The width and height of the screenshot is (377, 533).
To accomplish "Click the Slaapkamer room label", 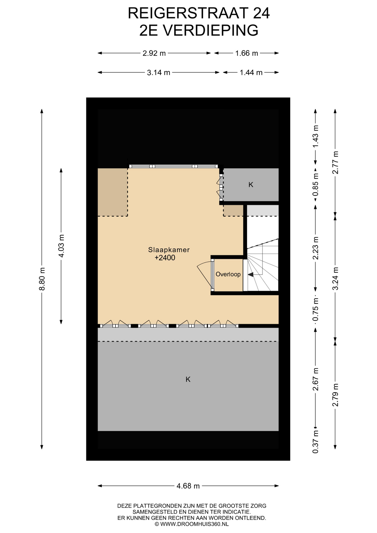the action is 169,250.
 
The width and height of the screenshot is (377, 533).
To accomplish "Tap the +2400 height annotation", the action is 165,258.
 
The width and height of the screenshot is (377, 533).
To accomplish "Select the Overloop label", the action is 228,274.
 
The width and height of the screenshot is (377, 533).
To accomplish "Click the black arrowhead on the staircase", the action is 250,275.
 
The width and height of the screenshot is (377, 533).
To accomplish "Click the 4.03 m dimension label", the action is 61,246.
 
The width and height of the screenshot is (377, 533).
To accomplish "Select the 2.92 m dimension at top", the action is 154,53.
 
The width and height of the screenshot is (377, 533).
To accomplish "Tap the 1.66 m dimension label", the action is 247,53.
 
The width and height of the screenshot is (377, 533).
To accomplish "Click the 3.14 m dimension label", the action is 159,72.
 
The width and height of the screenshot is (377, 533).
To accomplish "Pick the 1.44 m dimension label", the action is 251,72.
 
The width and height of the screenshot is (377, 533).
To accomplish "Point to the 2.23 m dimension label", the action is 316,248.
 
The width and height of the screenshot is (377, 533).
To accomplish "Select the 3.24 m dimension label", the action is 336,278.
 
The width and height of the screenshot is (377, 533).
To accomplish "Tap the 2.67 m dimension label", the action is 316,379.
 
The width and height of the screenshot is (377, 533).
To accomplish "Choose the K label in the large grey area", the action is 188,379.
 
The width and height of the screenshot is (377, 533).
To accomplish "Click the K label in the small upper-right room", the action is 251,185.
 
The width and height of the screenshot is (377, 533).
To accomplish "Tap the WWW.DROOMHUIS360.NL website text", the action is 194,524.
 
